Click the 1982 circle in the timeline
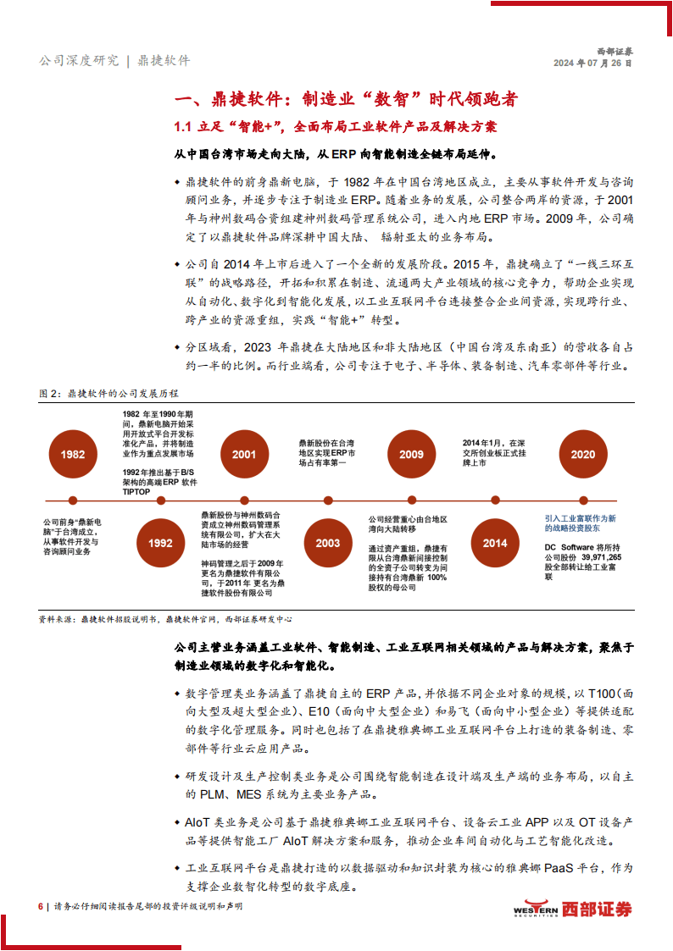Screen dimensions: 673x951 (73, 455)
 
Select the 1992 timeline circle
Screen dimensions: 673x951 (159, 543)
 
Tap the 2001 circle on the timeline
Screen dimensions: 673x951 (244, 455)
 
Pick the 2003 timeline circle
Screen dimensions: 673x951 (328, 543)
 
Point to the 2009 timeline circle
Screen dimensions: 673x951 (411, 455)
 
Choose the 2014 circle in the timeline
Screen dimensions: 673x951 (495, 543)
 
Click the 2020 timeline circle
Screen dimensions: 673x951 (582, 455)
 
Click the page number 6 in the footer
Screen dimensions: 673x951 (40, 906)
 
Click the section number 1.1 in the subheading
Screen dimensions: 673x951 (184, 127)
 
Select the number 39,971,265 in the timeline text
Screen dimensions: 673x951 (600, 558)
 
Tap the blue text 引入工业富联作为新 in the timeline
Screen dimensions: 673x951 (580, 517)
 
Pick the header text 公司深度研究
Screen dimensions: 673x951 (78, 61)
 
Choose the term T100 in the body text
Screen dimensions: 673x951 (599, 693)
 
